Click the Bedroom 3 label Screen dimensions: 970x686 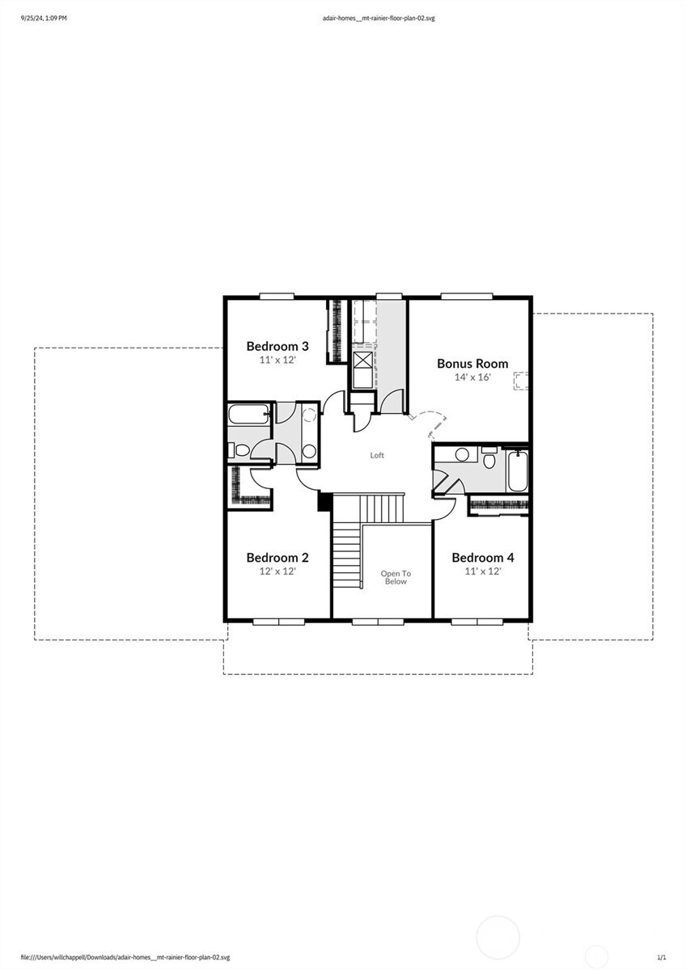(x=277, y=346)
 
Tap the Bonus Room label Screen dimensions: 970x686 (x=472, y=364)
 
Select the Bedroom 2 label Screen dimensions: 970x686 (x=277, y=558)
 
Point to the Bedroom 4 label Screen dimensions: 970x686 (x=482, y=558)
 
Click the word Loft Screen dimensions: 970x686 (x=377, y=455)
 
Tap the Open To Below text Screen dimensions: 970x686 (x=396, y=577)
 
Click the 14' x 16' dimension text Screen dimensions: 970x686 (x=472, y=377)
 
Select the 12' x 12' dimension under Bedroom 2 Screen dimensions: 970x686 (x=277, y=571)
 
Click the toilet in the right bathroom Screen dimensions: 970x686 (x=489, y=458)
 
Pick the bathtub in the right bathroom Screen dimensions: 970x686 (x=517, y=471)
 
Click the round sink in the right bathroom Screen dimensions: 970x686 (x=462, y=454)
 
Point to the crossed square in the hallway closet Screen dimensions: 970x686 (x=362, y=361)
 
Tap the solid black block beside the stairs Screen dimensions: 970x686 (x=325, y=502)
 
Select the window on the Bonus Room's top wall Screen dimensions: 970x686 (x=466, y=297)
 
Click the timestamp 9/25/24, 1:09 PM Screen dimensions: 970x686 (x=44, y=17)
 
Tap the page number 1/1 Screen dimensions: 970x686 (x=661, y=957)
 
